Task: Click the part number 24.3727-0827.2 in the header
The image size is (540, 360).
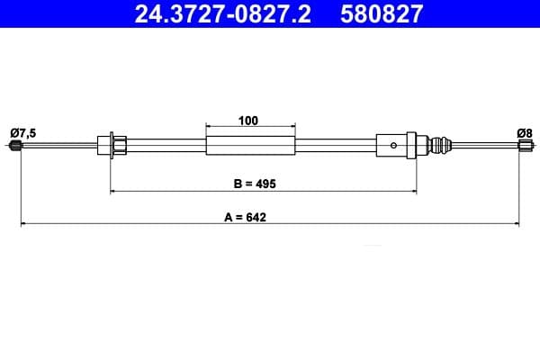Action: click(x=224, y=13)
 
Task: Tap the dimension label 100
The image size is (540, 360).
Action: click(x=249, y=119)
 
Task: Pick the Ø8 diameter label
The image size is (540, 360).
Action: click(x=524, y=133)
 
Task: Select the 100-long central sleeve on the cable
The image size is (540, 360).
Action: click(x=250, y=145)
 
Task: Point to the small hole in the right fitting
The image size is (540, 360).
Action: click(x=392, y=145)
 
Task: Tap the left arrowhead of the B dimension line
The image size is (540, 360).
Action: click(x=113, y=191)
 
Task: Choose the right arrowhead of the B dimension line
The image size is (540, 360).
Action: click(x=414, y=191)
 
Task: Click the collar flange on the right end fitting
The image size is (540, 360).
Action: click(x=412, y=145)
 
